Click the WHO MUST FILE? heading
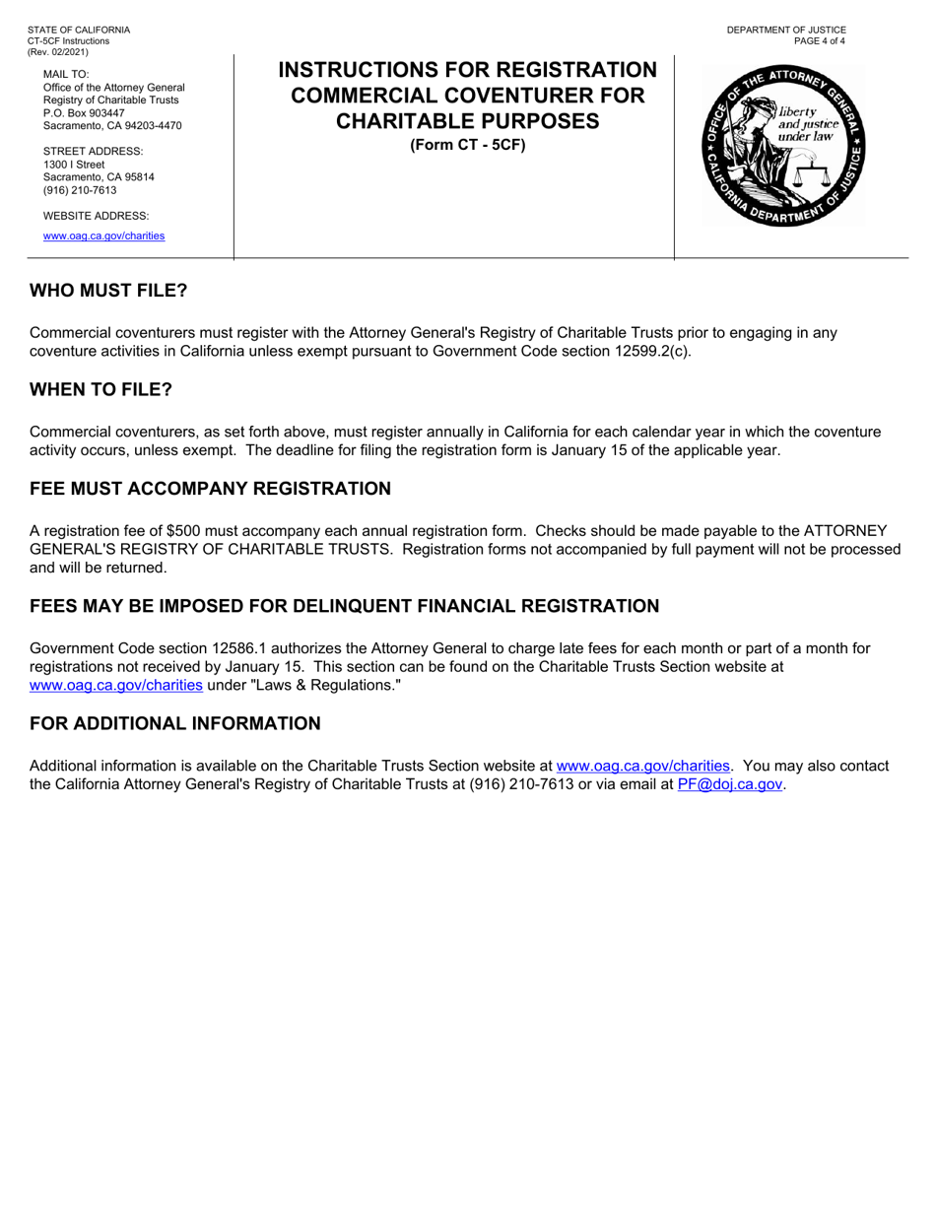click(107, 291)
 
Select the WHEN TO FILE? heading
click(100, 389)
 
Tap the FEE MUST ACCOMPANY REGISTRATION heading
click(210, 489)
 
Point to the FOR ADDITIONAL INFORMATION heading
click(174, 723)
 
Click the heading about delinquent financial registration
click(344, 606)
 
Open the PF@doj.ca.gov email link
click(730, 784)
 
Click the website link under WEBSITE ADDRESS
click(103, 236)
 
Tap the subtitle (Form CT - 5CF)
click(467, 145)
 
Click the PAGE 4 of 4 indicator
click(819, 40)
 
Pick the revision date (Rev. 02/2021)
click(58, 51)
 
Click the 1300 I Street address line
click(74, 164)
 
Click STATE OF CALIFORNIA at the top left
click(79, 30)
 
